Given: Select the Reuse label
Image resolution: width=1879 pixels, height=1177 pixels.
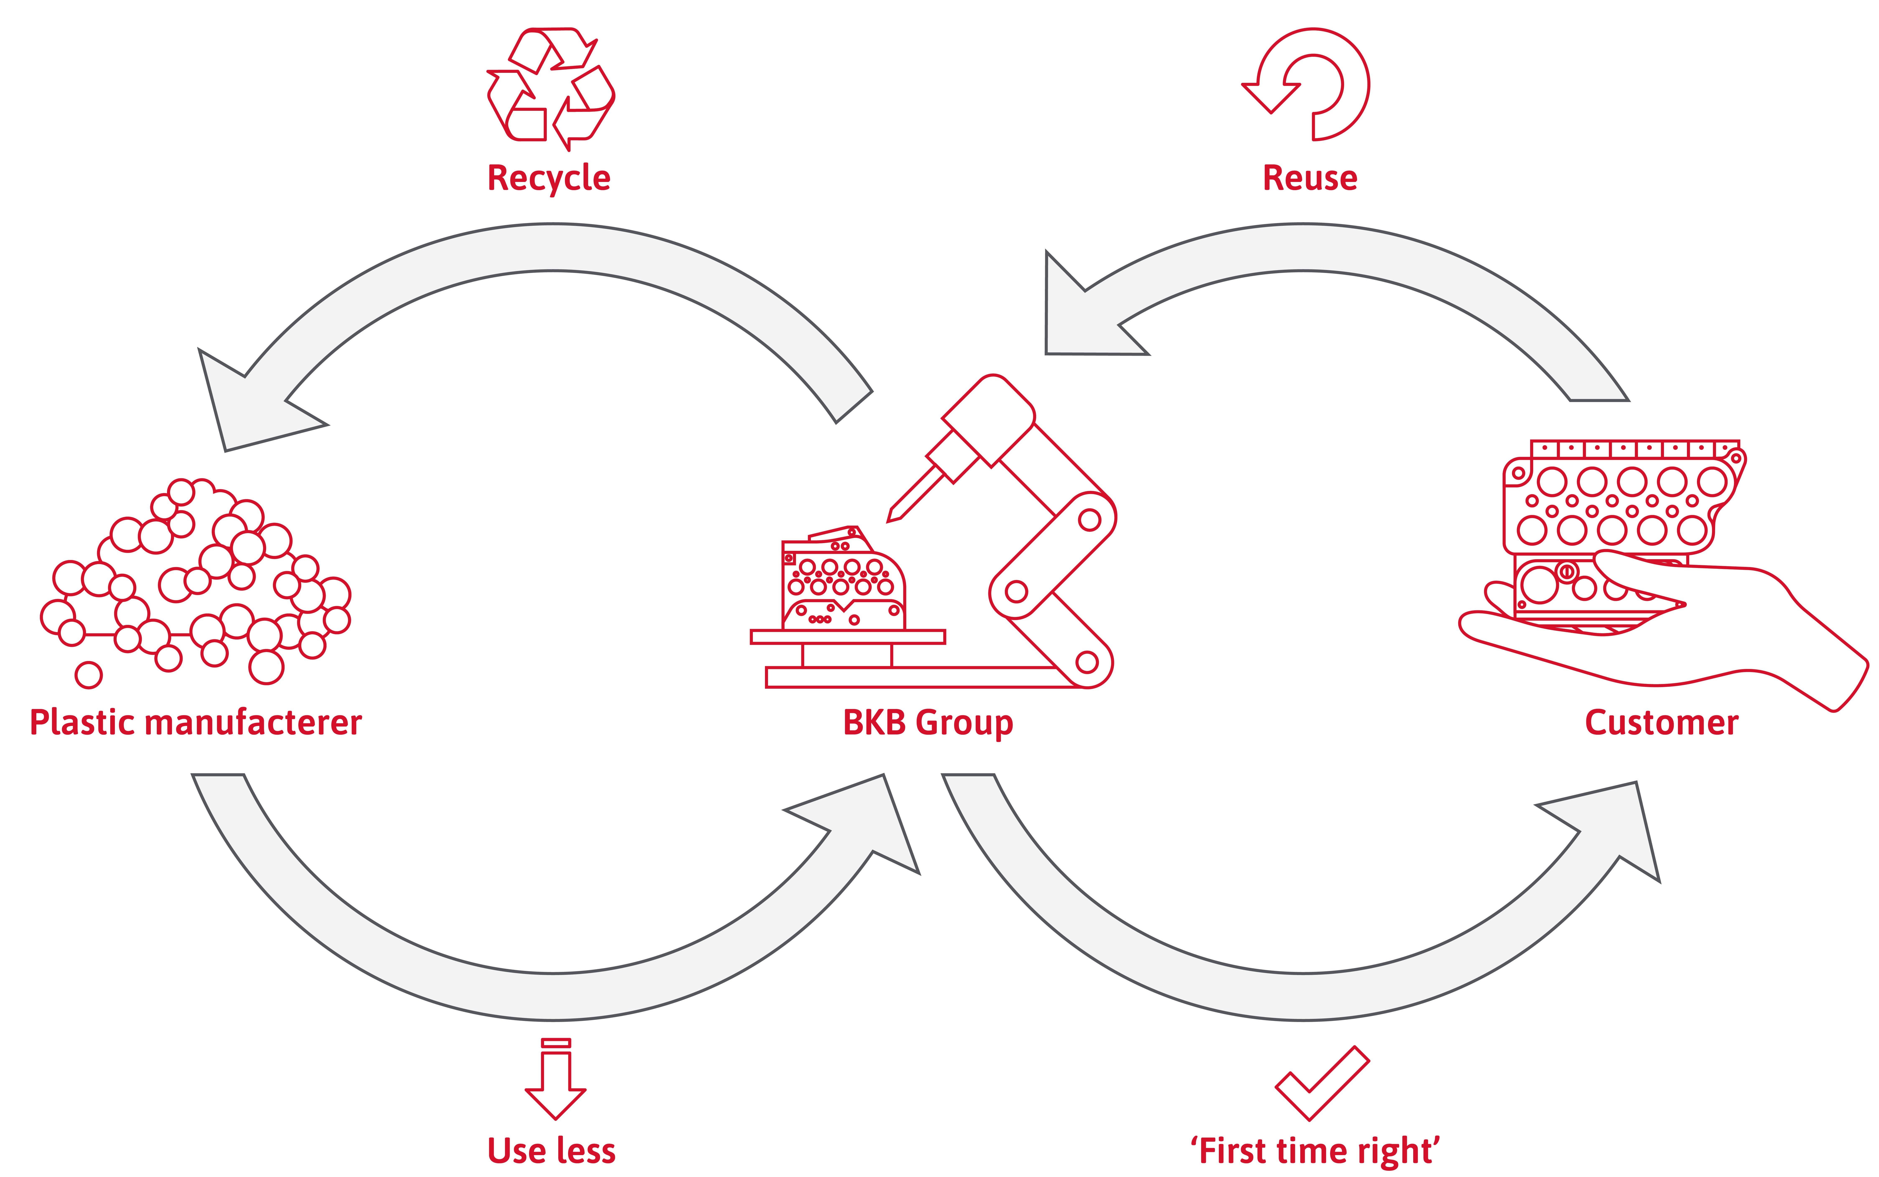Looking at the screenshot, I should [1310, 178].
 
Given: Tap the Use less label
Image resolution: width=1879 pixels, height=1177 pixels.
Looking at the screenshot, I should [551, 1151].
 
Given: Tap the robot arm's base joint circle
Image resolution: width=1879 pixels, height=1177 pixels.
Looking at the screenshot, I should [1087, 662].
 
